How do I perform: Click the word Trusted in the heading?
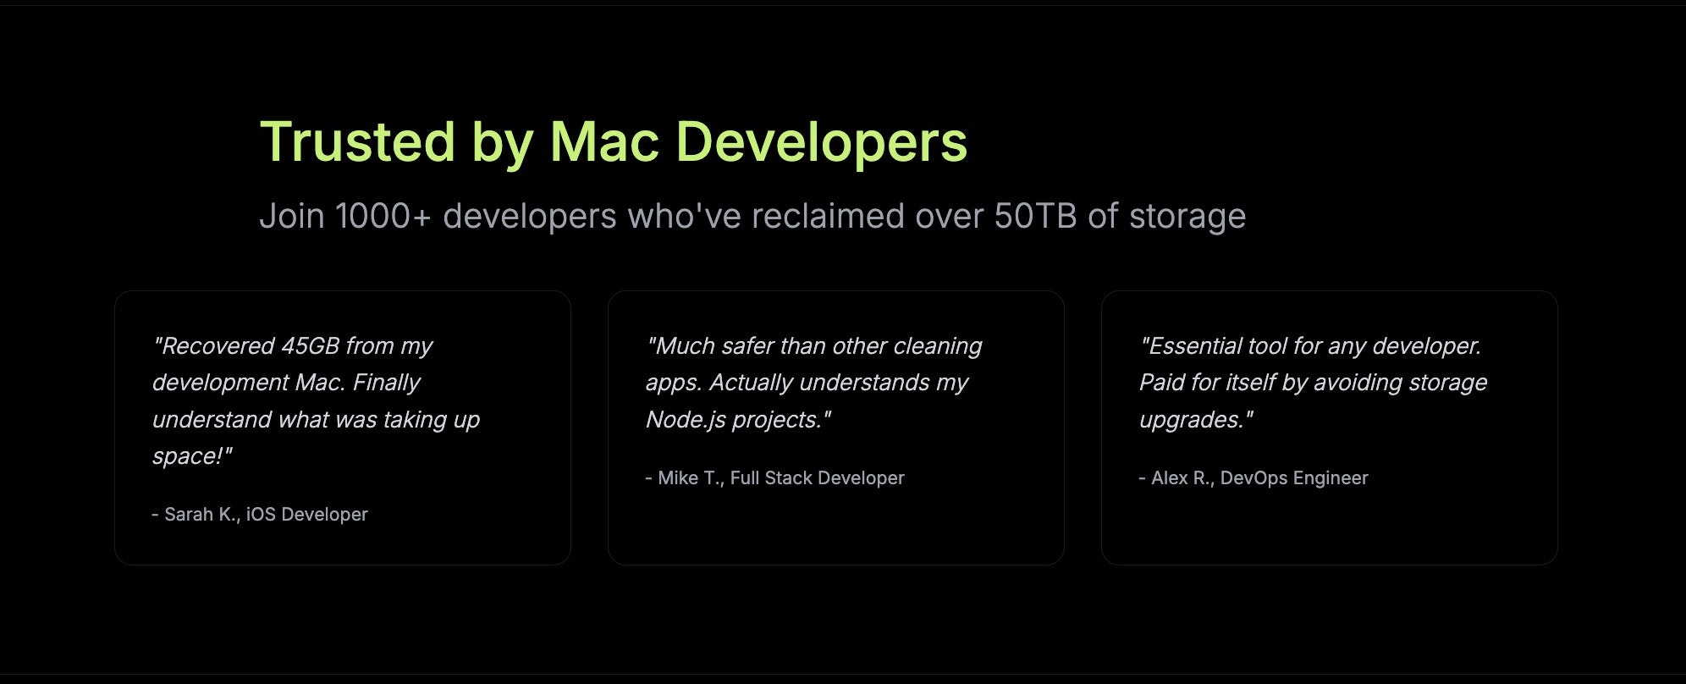click(x=357, y=141)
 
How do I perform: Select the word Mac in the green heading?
click(x=604, y=141)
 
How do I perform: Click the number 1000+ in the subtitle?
click(x=383, y=216)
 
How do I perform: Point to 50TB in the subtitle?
click(x=1034, y=216)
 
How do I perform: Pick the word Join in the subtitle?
click(x=292, y=216)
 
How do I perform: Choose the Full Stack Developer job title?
click(x=817, y=478)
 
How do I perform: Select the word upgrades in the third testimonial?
click(x=1190, y=420)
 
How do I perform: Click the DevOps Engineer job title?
click(x=1293, y=478)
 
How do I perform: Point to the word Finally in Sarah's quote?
click(x=386, y=383)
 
